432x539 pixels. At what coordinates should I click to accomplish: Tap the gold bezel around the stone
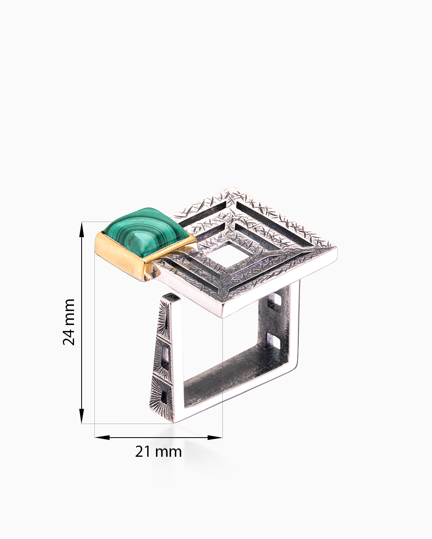click(120, 257)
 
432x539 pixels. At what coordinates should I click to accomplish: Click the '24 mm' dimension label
click(69, 322)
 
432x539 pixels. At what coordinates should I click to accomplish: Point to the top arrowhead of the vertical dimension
click(82, 230)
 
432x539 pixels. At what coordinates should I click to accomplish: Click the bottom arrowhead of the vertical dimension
click(82, 416)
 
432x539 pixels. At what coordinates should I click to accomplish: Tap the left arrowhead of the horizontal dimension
click(102, 438)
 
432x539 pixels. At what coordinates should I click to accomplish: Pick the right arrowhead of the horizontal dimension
click(215, 438)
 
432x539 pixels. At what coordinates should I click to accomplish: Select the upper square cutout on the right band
click(274, 303)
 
